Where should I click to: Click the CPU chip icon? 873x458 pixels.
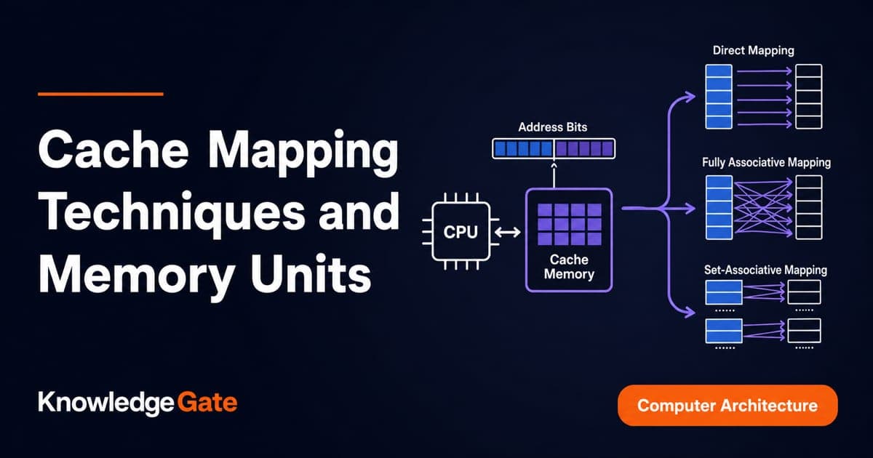461,231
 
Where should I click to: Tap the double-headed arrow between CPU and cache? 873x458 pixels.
508,233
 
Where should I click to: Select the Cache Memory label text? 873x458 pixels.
569,267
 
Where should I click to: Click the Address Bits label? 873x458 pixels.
553,127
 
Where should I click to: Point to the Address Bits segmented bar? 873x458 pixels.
554,148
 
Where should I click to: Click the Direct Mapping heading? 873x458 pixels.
754,51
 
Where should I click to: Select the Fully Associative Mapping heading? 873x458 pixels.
766,162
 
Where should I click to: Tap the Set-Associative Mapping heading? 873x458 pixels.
765,270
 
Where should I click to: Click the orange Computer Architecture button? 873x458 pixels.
727,406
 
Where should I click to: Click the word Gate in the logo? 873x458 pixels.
207,402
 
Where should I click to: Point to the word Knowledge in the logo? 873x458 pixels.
106,403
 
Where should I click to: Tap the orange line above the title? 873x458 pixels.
100,94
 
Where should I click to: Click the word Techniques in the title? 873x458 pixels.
172,212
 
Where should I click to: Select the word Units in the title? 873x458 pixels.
311,274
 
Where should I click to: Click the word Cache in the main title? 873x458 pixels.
113,150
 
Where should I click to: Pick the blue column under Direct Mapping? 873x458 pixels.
719,97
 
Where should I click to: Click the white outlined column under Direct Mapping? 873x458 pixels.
809,97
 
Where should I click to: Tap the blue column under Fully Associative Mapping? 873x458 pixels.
719,208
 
